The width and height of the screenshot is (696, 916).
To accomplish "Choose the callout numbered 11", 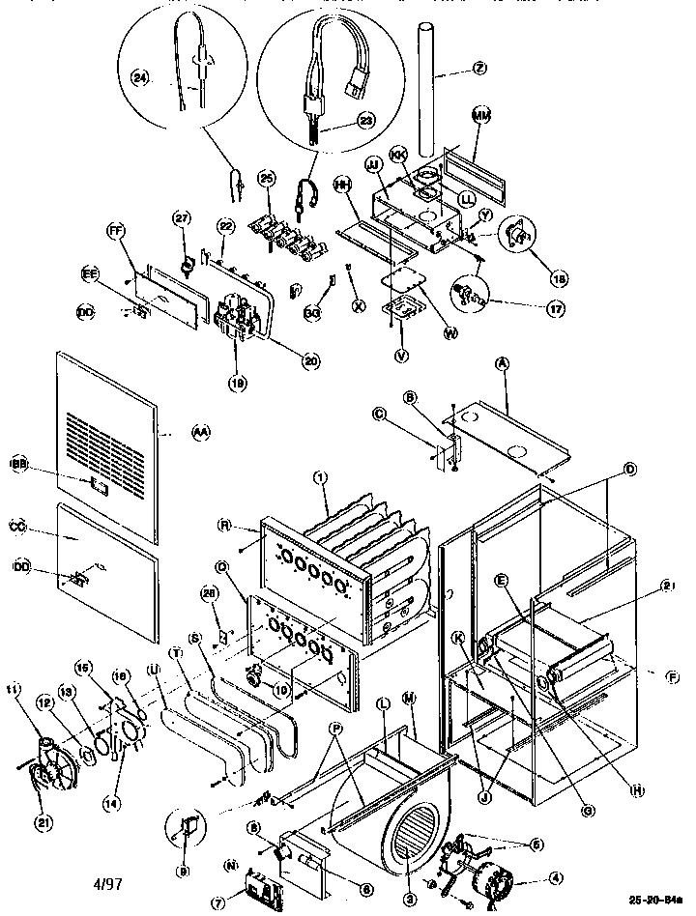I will (x=13, y=689).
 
